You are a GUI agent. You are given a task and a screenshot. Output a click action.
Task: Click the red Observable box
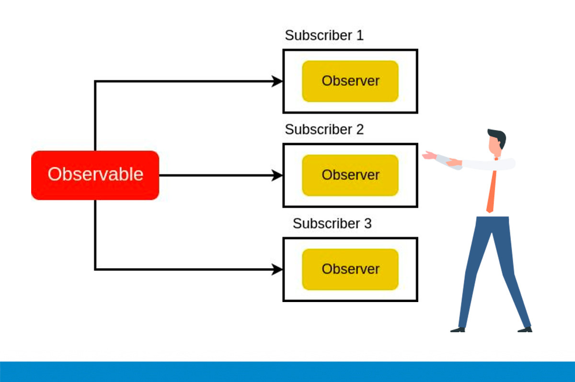click(95, 175)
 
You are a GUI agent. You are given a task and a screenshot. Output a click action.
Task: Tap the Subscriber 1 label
click(324, 35)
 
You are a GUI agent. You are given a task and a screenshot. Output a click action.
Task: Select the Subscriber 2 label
click(324, 129)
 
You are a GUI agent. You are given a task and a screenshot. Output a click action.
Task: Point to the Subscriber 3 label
click(332, 224)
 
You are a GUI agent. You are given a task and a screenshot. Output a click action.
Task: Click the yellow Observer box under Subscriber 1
click(350, 81)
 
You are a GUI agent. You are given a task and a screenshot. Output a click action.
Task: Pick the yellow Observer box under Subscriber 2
click(350, 175)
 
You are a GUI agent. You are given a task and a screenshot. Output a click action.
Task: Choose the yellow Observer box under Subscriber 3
click(350, 269)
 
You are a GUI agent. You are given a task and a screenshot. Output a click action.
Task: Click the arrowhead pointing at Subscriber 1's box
click(277, 81)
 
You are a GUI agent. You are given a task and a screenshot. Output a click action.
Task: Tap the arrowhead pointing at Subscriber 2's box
click(277, 175)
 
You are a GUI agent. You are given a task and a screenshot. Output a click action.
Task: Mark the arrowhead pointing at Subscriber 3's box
click(277, 270)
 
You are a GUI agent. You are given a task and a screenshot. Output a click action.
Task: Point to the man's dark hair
click(498, 137)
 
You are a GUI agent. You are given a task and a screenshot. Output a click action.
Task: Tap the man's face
click(494, 146)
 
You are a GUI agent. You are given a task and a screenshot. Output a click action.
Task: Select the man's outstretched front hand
click(429, 155)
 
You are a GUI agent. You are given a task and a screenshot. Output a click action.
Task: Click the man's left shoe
click(458, 330)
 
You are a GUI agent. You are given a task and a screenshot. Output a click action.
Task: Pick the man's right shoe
click(525, 329)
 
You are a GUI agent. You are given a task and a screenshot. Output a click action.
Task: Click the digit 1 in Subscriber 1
click(360, 35)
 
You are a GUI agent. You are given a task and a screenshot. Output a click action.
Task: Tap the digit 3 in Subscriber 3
click(368, 224)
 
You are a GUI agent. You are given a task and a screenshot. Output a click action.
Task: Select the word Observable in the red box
click(95, 174)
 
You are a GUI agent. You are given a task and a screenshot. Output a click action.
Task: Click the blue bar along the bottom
click(287, 372)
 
